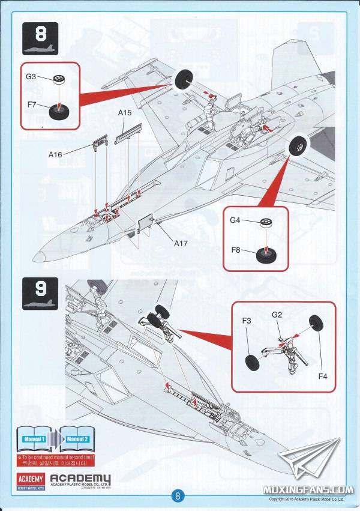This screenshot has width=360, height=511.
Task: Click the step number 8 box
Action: point(40,38)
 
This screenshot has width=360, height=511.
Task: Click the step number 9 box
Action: point(40,292)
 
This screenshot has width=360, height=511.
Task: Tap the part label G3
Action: point(31,77)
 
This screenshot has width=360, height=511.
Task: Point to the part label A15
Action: point(125,112)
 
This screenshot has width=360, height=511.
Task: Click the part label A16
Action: point(55,155)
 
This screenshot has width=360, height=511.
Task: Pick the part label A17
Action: point(181,243)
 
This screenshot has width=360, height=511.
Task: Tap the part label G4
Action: point(235,222)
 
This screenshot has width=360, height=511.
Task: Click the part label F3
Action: point(246,321)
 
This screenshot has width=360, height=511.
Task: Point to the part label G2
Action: point(277,315)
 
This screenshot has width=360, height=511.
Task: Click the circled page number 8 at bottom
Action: point(178,496)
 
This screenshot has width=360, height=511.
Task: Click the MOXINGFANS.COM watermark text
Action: point(304,490)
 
